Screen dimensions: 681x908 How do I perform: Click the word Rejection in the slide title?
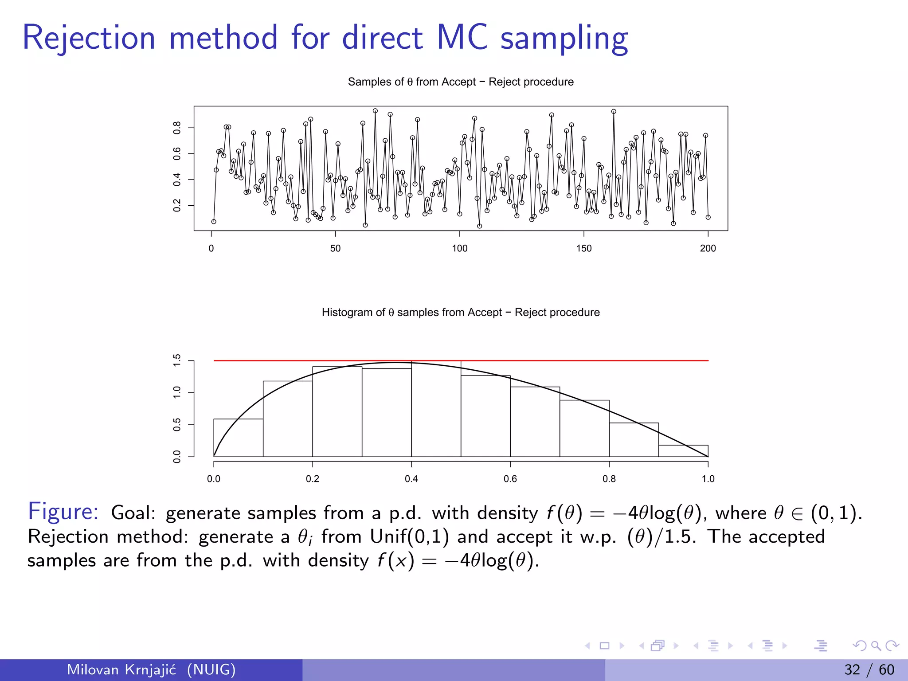[89, 38]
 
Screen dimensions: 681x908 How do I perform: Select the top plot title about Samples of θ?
[460, 82]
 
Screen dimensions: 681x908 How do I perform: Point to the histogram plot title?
[460, 313]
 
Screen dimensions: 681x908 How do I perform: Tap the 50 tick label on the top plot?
[335, 248]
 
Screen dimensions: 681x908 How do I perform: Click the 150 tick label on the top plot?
[583, 248]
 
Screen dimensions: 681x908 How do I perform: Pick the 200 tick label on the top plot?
[708, 248]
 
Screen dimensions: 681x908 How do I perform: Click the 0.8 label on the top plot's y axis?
[177, 128]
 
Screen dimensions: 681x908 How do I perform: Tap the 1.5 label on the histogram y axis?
[177, 360]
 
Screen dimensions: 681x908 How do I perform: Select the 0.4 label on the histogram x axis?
[411, 479]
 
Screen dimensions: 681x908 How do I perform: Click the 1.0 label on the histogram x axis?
[708, 479]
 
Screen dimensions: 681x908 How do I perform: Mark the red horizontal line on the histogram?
[576, 360]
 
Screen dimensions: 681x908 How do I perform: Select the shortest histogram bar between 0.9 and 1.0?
[683, 451]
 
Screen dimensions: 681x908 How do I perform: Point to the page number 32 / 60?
[869, 669]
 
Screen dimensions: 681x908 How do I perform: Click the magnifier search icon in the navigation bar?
[876, 646]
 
